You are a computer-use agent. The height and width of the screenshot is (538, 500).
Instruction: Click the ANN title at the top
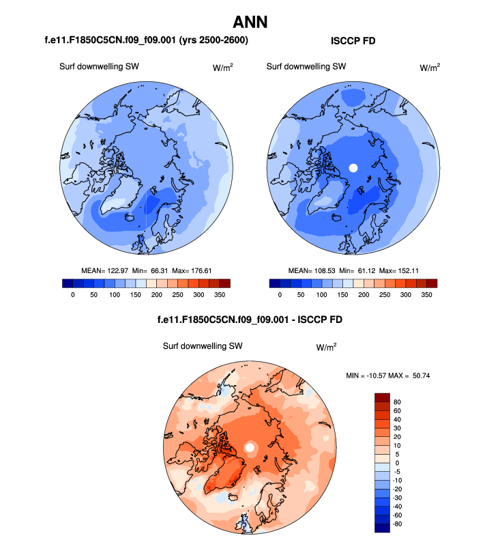pyautogui.click(x=250, y=23)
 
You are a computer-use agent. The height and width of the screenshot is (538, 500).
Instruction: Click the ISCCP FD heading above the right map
pyautogui.click(x=353, y=42)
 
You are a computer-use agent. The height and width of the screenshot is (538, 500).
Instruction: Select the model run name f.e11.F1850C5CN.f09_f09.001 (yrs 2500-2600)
pyautogui.click(x=146, y=41)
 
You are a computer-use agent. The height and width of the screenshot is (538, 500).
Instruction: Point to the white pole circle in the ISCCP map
pyautogui.click(x=353, y=167)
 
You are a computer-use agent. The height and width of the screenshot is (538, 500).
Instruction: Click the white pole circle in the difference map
pyautogui.click(x=250, y=447)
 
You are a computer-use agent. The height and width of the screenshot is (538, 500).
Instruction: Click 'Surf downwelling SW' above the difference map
pyautogui.click(x=203, y=346)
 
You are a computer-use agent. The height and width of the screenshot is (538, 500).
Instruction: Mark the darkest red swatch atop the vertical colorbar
pyautogui.click(x=382, y=397)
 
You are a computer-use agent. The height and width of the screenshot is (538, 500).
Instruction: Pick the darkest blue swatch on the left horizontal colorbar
pyautogui.click(x=67, y=283)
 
